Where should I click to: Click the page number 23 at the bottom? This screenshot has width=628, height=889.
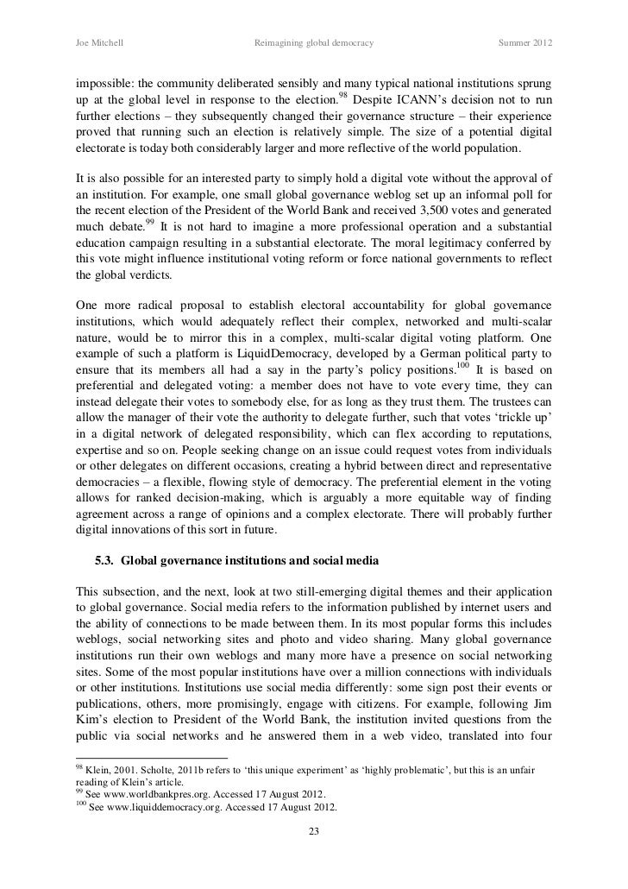pos(314,832)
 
